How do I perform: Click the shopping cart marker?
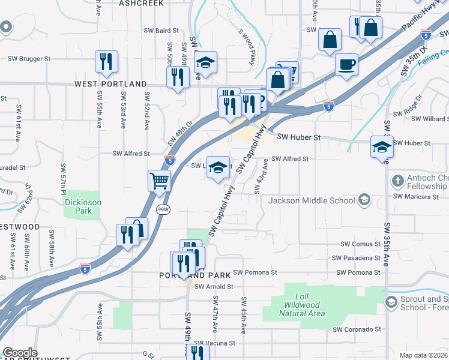tap(159, 181)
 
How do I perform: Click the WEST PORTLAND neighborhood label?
tap(110, 84)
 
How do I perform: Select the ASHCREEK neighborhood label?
tap(141, 4)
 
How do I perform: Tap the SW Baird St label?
tap(161, 31)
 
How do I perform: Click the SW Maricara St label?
tap(414, 196)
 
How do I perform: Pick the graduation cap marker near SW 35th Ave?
tap(382, 148)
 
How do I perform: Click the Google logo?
tap(20, 353)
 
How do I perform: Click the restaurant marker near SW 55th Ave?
tap(106, 62)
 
